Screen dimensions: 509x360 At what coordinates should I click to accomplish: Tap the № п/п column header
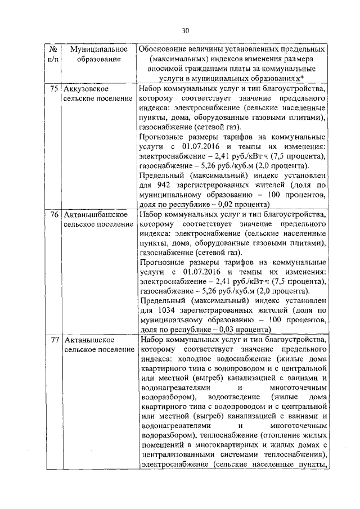[x=52, y=54]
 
